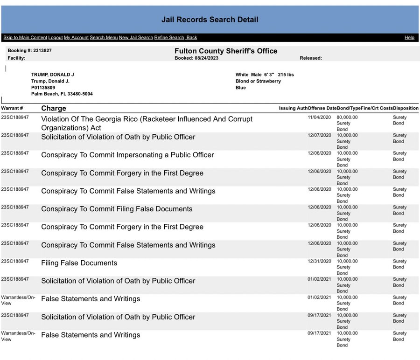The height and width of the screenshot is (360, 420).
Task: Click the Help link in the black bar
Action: tap(409, 38)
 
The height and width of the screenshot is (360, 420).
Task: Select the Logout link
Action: tap(55, 38)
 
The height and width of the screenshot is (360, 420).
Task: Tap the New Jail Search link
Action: tap(136, 38)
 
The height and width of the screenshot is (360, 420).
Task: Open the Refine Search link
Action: tap(169, 38)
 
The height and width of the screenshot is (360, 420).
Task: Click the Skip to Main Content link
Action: tap(25, 38)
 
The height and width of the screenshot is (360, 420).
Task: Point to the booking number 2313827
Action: tap(42, 50)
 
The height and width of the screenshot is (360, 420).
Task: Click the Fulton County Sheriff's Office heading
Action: tap(226, 51)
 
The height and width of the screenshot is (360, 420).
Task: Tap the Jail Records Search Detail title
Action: tap(210, 20)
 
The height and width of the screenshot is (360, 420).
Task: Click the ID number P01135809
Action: tap(43, 88)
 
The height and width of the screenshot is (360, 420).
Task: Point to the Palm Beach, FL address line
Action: tap(62, 94)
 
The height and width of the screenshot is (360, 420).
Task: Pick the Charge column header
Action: tap(54, 109)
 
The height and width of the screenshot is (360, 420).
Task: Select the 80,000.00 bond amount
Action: tap(347, 118)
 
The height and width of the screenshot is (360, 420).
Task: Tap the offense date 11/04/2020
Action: tap(319, 118)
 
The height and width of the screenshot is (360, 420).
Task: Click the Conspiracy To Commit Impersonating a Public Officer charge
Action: tap(127, 155)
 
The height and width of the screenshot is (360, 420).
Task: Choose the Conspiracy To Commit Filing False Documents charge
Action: tap(117, 209)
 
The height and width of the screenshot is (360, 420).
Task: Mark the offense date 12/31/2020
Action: tap(319, 261)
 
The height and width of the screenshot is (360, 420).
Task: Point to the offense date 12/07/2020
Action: tap(319, 135)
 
